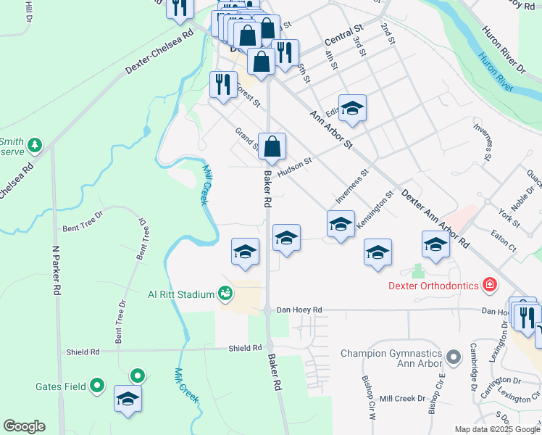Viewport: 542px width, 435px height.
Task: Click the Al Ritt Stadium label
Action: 181,294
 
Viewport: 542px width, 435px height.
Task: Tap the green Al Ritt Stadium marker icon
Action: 225,293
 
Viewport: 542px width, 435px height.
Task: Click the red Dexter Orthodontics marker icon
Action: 491,284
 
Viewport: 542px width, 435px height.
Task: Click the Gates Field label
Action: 60,386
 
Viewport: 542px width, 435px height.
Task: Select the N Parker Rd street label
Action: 56,268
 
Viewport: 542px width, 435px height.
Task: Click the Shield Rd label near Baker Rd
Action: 245,349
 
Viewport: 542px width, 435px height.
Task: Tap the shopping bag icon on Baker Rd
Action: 272,147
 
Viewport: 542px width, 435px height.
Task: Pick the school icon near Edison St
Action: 352,108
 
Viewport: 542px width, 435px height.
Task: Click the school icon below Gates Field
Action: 128,399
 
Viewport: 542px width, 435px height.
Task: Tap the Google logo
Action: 24,426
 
